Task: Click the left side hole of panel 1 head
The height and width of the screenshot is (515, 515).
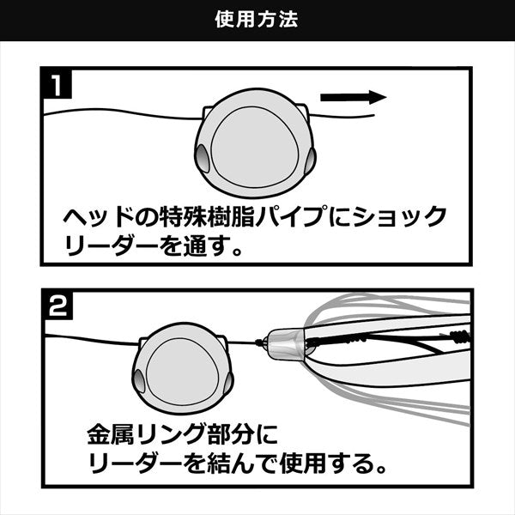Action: tap(203, 159)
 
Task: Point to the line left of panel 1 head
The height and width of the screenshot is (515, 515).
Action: tap(120, 114)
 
